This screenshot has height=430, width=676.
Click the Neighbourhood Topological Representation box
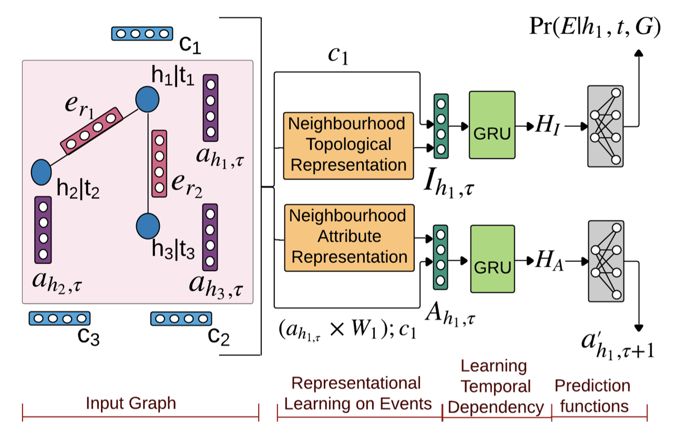[348, 145]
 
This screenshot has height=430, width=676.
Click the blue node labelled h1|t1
[147, 98]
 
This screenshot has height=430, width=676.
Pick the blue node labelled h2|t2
[41, 171]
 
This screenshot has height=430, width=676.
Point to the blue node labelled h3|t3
[147, 226]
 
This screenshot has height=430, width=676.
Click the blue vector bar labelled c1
[142, 34]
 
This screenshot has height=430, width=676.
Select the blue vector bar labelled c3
[59, 318]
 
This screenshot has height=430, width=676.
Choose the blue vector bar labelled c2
[181, 318]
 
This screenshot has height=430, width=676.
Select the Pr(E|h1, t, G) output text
[595, 28]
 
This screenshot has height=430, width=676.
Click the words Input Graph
[131, 403]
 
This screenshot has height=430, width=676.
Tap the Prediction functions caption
[592, 396]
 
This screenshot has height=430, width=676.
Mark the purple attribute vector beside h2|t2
[43, 230]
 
